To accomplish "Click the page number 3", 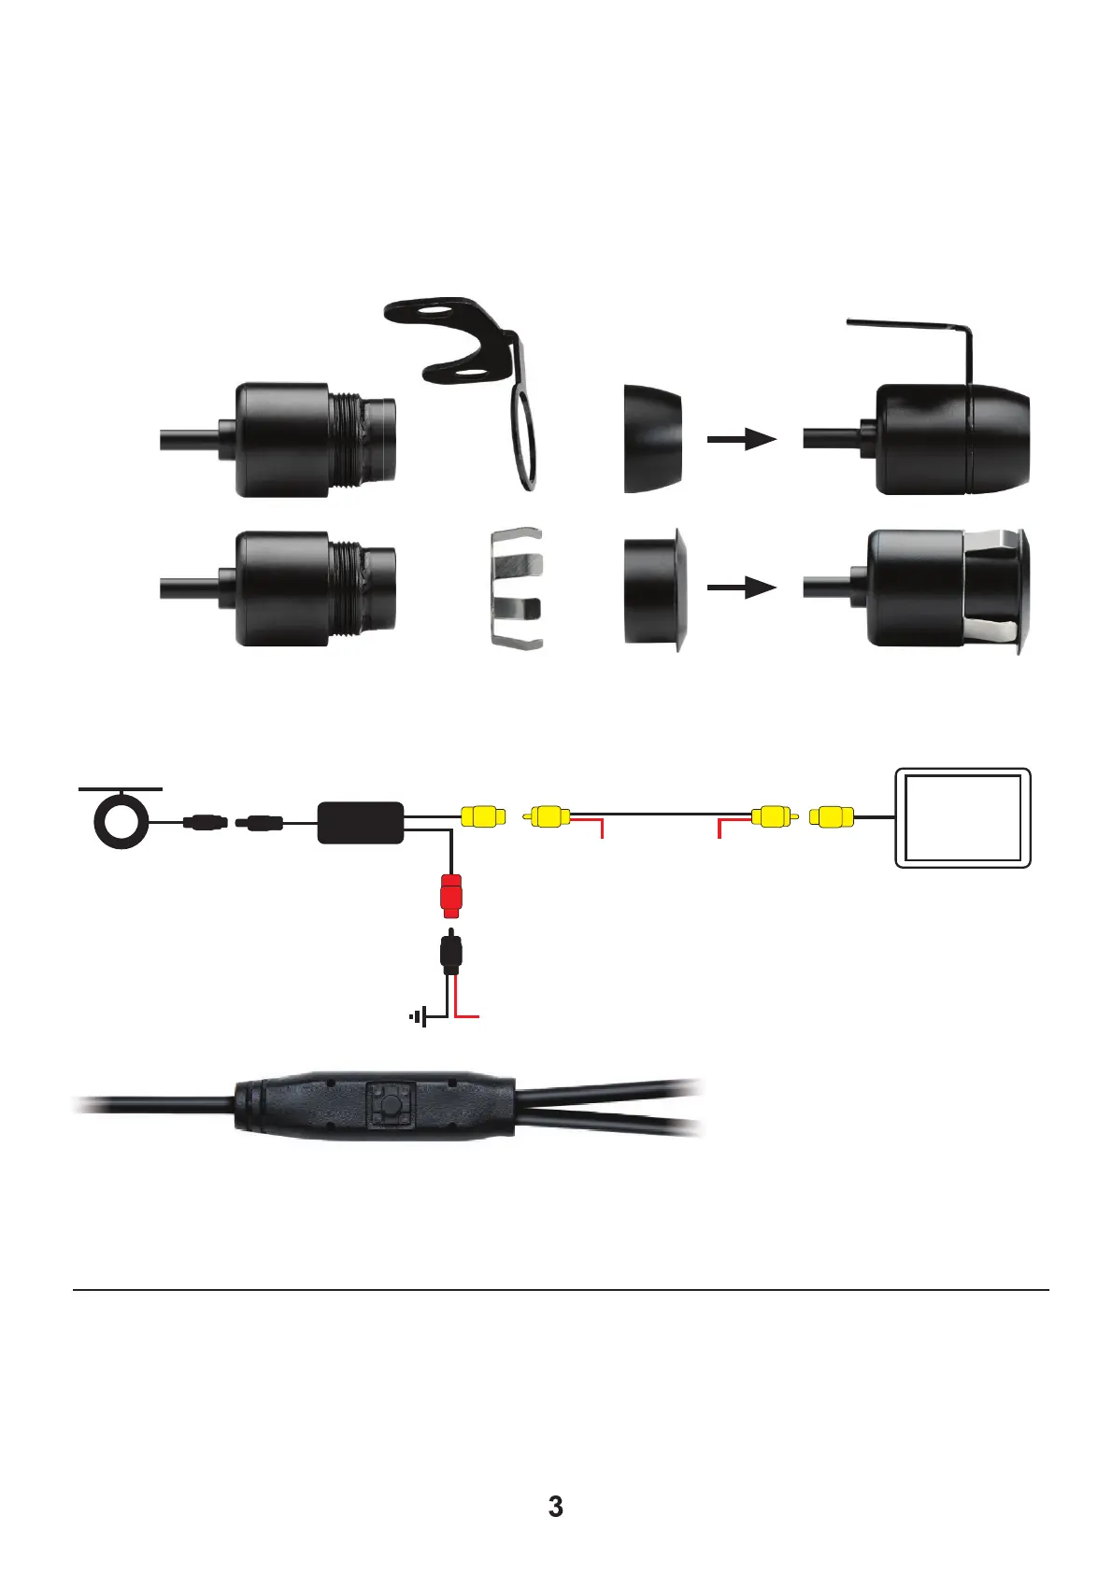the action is pos(555,1507).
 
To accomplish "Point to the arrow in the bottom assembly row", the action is pos(742,588).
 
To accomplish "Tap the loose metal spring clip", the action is pos(516,588).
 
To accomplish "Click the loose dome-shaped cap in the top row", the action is pos(652,438).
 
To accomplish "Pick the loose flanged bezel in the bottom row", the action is pos(655,588).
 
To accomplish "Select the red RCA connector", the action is pos(451,894).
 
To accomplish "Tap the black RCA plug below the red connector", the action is pos(450,954).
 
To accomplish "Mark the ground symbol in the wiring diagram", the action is pos(419,1016).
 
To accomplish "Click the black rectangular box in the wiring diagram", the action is pos(361,822).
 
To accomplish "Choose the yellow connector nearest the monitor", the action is pos(832,817).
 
